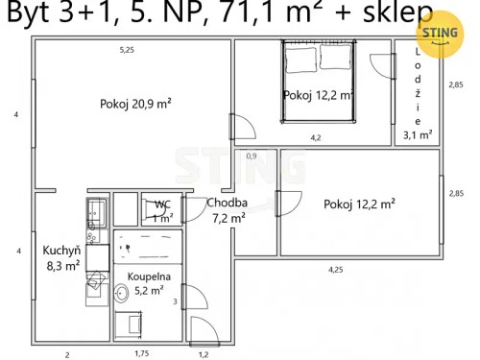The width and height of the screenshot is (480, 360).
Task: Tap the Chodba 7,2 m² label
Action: (x=228, y=210)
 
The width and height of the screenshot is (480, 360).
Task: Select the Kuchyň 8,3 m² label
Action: (x=60, y=259)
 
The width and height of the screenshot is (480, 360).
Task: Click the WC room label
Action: (x=162, y=209)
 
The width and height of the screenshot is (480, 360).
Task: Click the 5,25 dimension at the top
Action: (x=127, y=49)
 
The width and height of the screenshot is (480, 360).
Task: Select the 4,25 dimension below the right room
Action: (x=335, y=269)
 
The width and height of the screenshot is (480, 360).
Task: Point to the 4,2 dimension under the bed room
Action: (x=315, y=137)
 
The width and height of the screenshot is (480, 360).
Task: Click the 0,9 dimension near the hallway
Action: (x=252, y=156)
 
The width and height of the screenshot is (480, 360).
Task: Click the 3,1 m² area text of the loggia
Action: (x=418, y=134)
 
